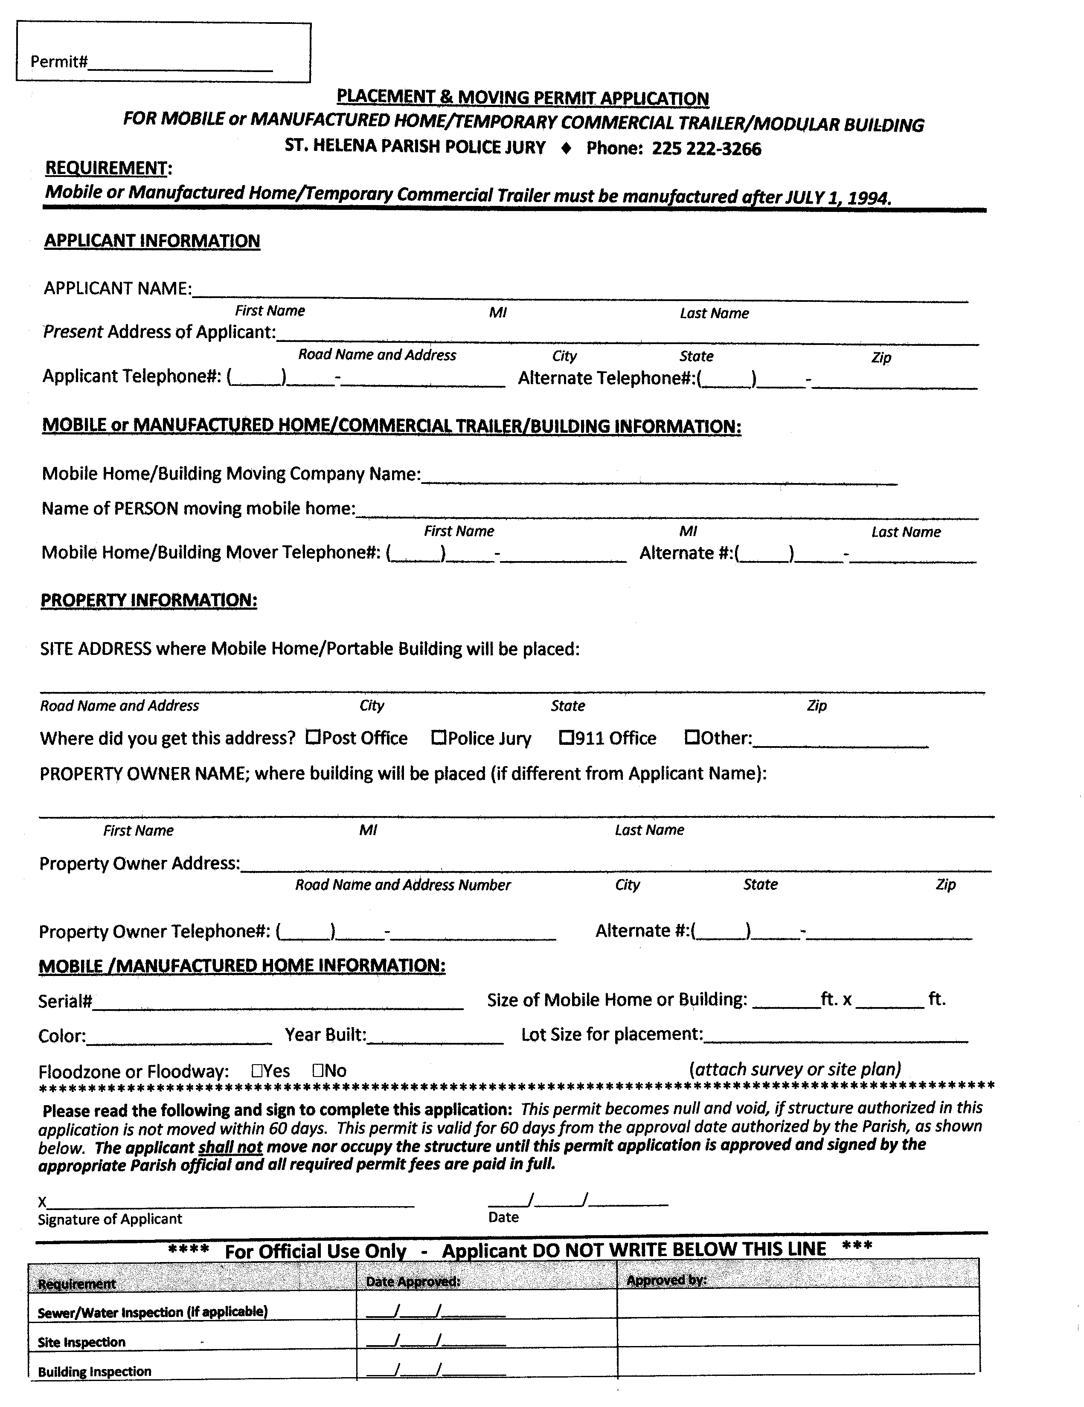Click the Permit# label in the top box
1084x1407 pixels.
58,62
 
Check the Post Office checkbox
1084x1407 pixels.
313,736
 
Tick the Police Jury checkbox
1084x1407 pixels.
438,736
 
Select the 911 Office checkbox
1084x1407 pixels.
565,736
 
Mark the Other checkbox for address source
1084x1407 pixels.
692,736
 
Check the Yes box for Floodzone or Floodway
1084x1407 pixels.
256,1071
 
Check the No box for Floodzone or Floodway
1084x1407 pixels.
318,1071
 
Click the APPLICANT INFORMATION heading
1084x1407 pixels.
152,241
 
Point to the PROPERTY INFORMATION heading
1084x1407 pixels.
149,600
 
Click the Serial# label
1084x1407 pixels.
65,1001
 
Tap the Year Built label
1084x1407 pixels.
325,1035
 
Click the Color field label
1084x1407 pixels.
62,1036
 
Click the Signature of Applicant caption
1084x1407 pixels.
110,1219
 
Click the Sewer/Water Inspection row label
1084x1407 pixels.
152,1311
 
